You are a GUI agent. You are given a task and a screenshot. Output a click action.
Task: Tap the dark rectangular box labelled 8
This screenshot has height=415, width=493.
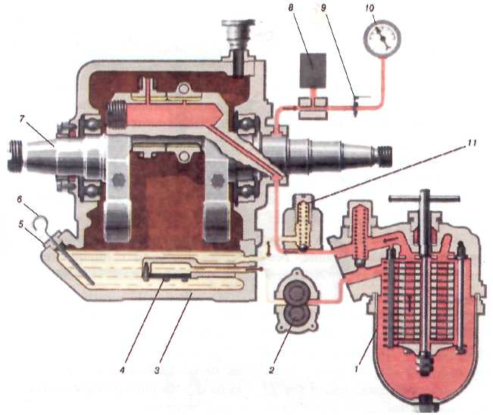pyautogui.click(x=311, y=70)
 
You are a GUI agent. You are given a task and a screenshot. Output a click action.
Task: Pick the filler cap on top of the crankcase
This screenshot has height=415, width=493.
pyautogui.click(x=240, y=37)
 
